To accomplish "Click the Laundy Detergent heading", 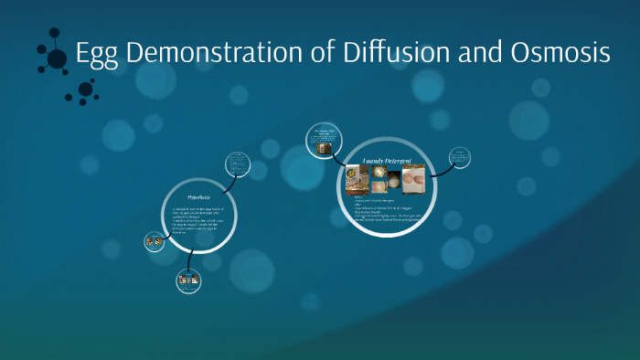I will [x=387, y=161].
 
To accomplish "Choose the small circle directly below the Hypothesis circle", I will [x=189, y=281].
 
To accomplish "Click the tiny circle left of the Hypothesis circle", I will [x=155, y=242].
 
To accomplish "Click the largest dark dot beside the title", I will [x=57, y=59].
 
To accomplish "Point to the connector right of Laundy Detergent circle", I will [x=443, y=169].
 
